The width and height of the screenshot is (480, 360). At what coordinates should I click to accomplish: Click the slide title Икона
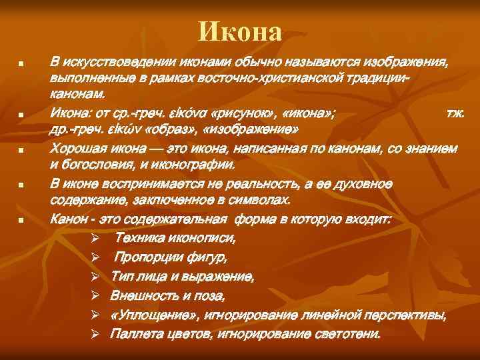click(240, 31)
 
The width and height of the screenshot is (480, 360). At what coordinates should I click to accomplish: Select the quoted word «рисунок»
click(244, 114)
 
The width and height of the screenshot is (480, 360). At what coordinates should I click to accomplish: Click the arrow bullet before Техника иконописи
click(96, 238)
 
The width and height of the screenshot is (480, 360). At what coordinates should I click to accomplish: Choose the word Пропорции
click(147, 257)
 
